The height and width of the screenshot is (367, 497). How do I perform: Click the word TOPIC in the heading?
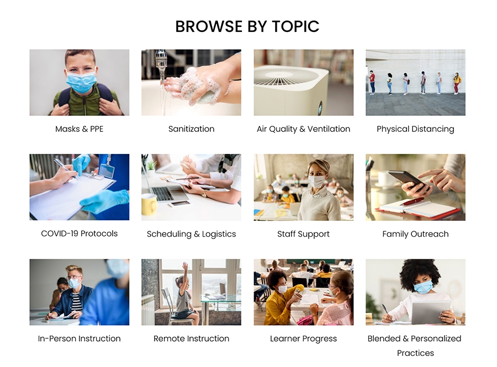pyautogui.click(x=295, y=26)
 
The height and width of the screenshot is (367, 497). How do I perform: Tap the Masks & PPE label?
pyautogui.click(x=79, y=129)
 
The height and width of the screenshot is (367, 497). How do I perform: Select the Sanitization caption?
pyautogui.click(x=191, y=129)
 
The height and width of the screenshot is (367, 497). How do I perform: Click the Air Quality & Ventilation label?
pyautogui.click(x=303, y=129)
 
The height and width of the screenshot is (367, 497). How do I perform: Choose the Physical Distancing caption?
pyautogui.click(x=415, y=129)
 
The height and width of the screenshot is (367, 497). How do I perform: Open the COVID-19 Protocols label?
pyautogui.click(x=79, y=233)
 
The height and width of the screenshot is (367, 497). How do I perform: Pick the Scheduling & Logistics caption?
pyautogui.click(x=191, y=234)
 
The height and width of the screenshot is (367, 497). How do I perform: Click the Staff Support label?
pyautogui.click(x=303, y=234)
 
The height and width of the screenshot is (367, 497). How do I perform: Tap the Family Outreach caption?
pyautogui.click(x=415, y=234)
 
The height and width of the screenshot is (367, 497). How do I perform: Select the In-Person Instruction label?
pyautogui.click(x=79, y=338)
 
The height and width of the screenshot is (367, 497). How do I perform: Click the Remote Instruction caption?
pyautogui.click(x=191, y=338)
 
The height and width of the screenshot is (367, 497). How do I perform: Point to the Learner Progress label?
pyautogui.click(x=303, y=339)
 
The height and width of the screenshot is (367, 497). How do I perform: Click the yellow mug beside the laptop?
pyautogui.click(x=149, y=205)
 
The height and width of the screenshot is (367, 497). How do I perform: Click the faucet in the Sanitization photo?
pyautogui.click(x=161, y=60)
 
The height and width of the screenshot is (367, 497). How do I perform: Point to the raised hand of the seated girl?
pyautogui.click(x=185, y=266)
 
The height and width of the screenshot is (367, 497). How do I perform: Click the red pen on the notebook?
pyautogui.click(x=411, y=201)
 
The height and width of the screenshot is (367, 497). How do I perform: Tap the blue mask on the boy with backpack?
pyautogui.click(x=81, y=81)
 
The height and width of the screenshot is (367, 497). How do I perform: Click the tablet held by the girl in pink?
pyautogui.click(x=431, y=312)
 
